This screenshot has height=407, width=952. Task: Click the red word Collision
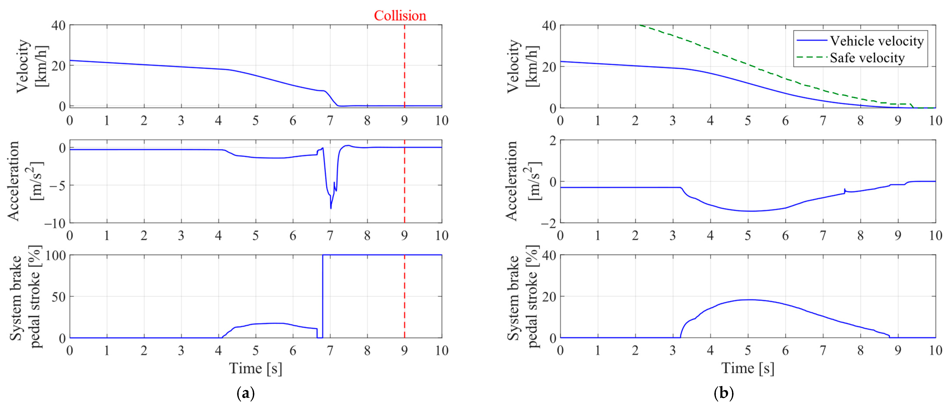(400, 16)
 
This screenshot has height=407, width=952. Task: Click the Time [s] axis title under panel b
(748, 368)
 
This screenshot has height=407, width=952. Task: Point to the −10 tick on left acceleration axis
(55, 223)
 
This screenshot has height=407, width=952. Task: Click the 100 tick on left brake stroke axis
(55, 255)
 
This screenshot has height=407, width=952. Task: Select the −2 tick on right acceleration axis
(549, 223)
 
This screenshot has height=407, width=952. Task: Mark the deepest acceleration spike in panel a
(331, 208)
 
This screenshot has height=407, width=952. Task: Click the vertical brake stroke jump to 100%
(323, 295)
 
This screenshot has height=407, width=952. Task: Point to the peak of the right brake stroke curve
(748, 300)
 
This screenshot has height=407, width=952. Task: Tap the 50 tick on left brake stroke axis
(58, 297)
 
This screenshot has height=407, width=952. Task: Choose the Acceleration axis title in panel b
(521, 181)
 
